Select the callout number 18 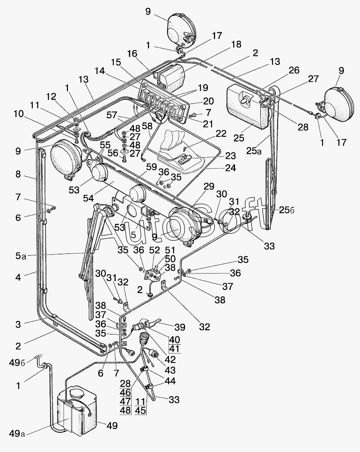[236, 44]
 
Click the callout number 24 [230, 168]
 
